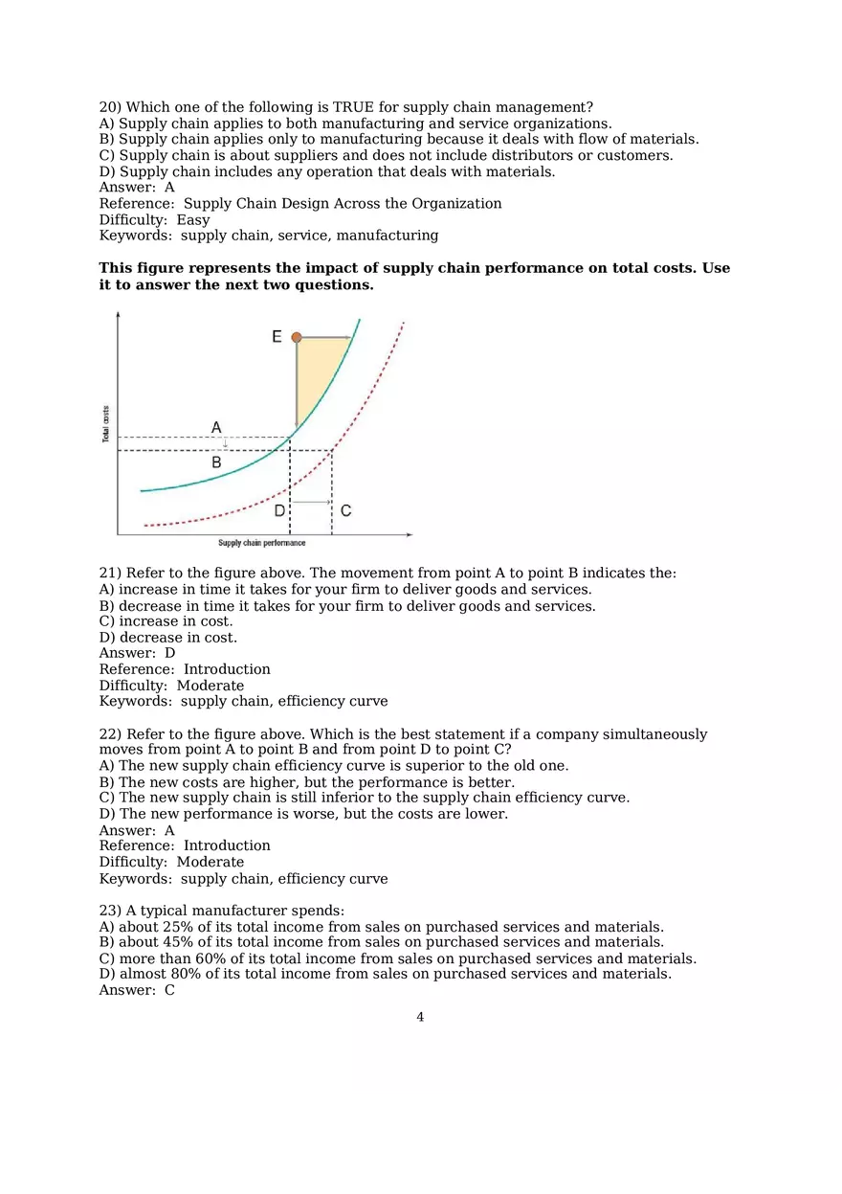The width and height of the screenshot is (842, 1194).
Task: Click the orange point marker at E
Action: coord(297,337)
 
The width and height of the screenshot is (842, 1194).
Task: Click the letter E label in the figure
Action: coord(277,337)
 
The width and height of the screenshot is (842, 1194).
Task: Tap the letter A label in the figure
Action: coord(216,427)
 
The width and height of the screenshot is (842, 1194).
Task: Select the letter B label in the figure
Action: coord(216,462)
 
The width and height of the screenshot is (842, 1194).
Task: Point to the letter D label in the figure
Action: coord(279,511)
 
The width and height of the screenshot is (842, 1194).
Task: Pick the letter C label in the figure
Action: coord(345,511)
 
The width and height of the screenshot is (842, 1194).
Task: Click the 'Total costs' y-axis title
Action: coord(105,424)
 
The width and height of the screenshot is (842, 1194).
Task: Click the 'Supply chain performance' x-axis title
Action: coord(261,544)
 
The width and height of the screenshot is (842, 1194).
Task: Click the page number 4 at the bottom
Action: coord(420,1017)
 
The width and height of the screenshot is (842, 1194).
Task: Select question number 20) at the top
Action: coord(110,107)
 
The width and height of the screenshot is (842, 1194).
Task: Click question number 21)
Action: coord(110,574)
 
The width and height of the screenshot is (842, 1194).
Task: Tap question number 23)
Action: coord(110,911)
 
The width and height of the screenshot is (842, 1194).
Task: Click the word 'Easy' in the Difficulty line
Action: coord(193,220)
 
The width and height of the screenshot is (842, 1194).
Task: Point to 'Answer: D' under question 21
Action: coord(137,653)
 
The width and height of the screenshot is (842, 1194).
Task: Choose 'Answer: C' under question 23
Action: coord(137,990)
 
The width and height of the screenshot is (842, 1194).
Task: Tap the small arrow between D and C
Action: coord(311,502)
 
